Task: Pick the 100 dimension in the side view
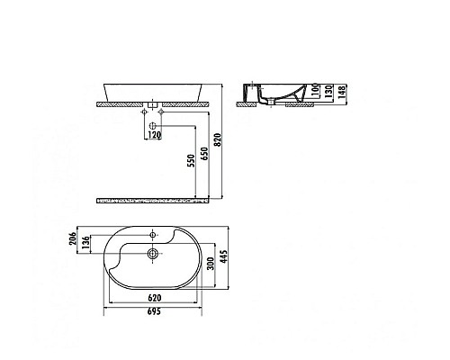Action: tap(314, 93)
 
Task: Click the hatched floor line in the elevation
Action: tap(158, 196)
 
